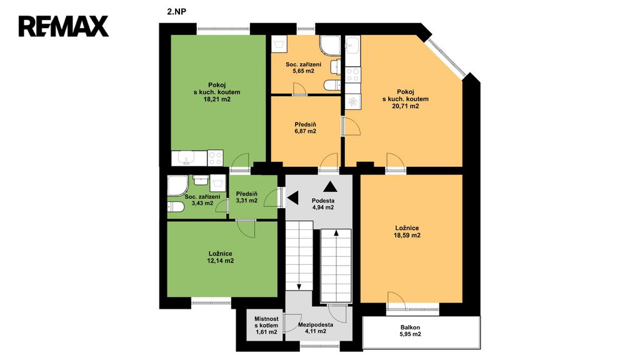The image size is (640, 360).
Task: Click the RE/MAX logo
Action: [x=64, y=26]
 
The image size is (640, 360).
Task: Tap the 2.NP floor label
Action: [x=176, y=12]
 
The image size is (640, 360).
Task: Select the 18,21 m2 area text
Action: [x=217, y=99]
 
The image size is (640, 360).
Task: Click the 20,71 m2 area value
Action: [x=405, y=106]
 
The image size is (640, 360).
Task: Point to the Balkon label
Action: [x=410, y=327]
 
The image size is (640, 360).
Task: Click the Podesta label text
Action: [x=323, y=201]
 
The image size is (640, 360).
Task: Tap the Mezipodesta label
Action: [x=316, y=325]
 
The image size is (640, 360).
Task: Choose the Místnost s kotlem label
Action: [x=266, y=322]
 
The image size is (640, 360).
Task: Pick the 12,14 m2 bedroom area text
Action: [x=220, y=261]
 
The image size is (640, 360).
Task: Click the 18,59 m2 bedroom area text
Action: [x=407, y=236]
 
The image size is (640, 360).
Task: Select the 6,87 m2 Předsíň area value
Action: [x=305, y=131]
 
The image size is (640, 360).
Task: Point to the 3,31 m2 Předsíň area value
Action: [x=246, y=201]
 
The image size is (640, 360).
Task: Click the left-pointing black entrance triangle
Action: [x=293, y=198]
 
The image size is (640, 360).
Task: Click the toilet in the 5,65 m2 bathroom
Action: [x=332, y=85]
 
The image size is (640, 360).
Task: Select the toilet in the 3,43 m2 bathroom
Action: [x=176, y=207]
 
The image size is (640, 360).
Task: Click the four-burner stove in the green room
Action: [x=216, y=158]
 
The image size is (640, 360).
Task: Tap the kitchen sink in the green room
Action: [x=189, y=158]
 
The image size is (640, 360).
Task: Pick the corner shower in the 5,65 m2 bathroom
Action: [x=330, y=45]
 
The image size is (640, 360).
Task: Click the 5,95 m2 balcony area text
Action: [x=410, y=334]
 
